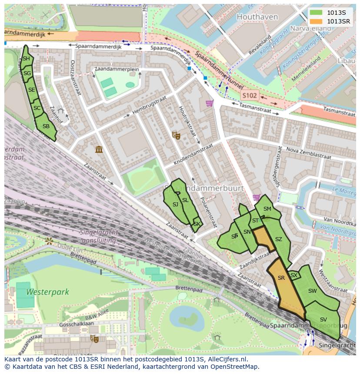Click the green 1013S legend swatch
click(x=316, y=13)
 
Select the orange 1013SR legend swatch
click(x=316, y=21)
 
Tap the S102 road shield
click(x=250, y=95)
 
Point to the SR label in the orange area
click(x=281, y=278)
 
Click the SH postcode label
click(x=26, y=59)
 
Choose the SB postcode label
click(x=46, y=127)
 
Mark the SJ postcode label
click(x=175, y=204)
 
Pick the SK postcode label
click(x=197, y=224)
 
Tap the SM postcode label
click(x=267, y=209)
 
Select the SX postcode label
click(x=293, y=275)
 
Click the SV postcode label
click(x=323, y=320)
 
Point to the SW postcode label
click(x=312, y=291)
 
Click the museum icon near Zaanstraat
click(x=99, y=150)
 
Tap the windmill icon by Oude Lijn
click(x=49, y=240)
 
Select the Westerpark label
click(x=42, y=292)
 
